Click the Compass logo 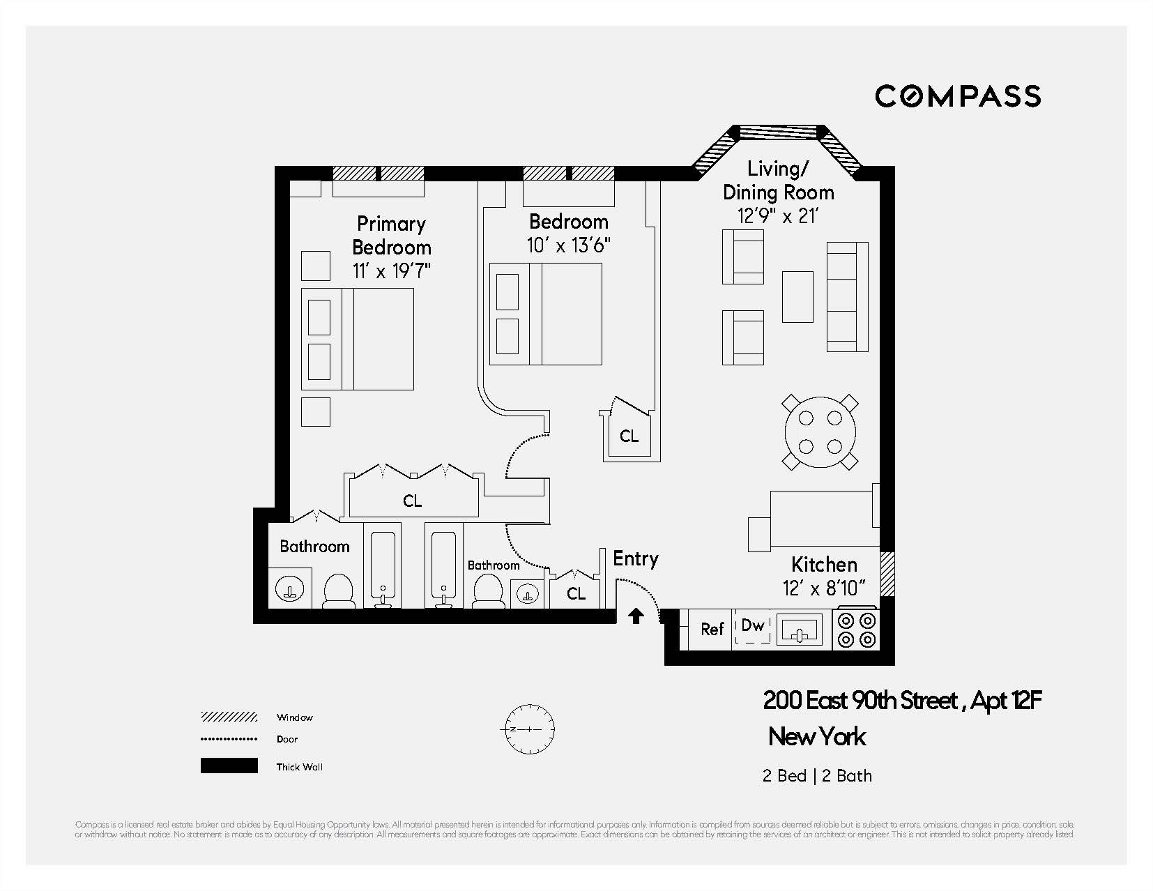957,96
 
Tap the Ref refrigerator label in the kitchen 712,630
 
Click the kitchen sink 800,631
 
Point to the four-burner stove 857,630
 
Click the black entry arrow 636,616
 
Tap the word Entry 635,559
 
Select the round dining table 820,432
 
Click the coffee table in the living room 797,296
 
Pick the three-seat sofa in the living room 847,296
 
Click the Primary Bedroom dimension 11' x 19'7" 391,271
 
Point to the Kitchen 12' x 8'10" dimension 823,588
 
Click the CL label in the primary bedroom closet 412,501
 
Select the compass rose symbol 529,729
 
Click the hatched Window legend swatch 229,717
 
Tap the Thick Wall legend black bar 229,766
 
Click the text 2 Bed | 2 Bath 816,776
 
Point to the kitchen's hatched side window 887,574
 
